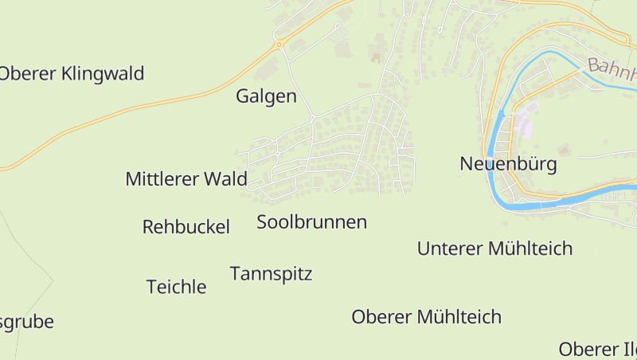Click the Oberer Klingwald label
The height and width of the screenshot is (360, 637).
click(x=72, y=74)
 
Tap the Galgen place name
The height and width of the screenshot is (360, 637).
click(x=266, y=97)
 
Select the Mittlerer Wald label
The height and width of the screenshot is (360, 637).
click(x=186, y=179)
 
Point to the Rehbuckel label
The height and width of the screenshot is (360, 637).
click(x=186, y=227)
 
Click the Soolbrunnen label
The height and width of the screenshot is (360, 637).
click(x=311, y=222)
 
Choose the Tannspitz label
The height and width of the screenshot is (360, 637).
click(x=271, y=274)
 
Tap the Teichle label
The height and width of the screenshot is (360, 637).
click(x=176, y=287)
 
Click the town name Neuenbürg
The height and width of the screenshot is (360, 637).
click(x=508, y=165)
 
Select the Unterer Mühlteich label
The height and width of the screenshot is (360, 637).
click(x=494, y=248)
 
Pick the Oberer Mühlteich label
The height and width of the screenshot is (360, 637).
click(x=426, y=317)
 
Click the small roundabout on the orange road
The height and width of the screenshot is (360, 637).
click(x=279, y=45)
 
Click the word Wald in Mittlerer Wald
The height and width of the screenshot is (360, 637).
click(x=226, y=179)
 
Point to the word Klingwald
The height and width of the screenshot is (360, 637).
click(x=103, y=74)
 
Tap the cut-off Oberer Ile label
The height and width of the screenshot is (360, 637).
click(x=597, y=349)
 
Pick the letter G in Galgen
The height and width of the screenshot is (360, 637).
click(x=243, y=97)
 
